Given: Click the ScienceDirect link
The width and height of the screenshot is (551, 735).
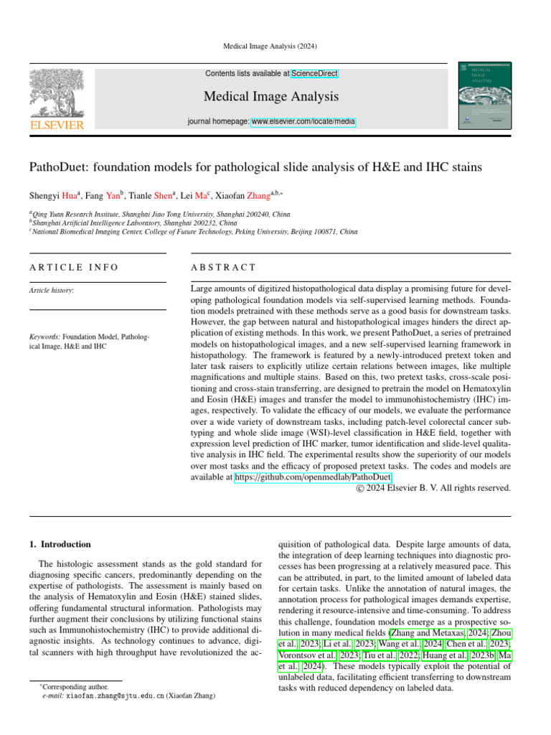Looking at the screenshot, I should pyautogui.click(x=314, y=73).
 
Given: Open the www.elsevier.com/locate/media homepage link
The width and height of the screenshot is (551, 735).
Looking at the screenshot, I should pyautogui.click(x=303, y=122).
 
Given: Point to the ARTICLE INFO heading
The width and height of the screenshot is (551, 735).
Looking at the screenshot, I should pyautogui.click(x=74, y=268).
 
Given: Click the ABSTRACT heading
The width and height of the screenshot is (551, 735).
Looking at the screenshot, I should pyautogui.click(x=223, y=268).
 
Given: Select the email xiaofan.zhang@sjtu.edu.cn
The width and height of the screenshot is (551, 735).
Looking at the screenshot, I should pyautogui.click(x=115, y=696).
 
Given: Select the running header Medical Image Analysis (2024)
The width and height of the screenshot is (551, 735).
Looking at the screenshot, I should pyautogui.click(x=275, y=47).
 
